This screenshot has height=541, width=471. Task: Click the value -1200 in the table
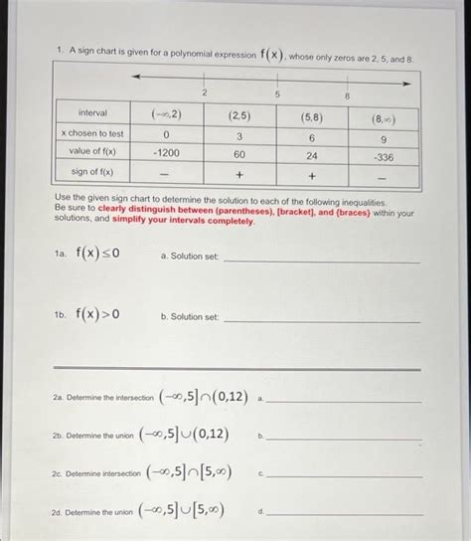click(x=164, y=154)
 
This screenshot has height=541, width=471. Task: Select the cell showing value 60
click(x=239, y=154)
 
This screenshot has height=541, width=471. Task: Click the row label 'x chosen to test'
click(x=91, y=133)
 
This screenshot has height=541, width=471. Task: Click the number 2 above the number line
click(x=203, y=91)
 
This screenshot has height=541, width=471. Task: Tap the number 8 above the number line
click(x=348, y=95)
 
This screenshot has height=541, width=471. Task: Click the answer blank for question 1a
click(x=323, y=261)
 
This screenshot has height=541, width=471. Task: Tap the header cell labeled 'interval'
click(x=91, y=113)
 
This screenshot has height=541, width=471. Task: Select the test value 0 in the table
click(x=166, y=134)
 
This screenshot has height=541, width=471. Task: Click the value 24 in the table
click(x=312, y=155)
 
